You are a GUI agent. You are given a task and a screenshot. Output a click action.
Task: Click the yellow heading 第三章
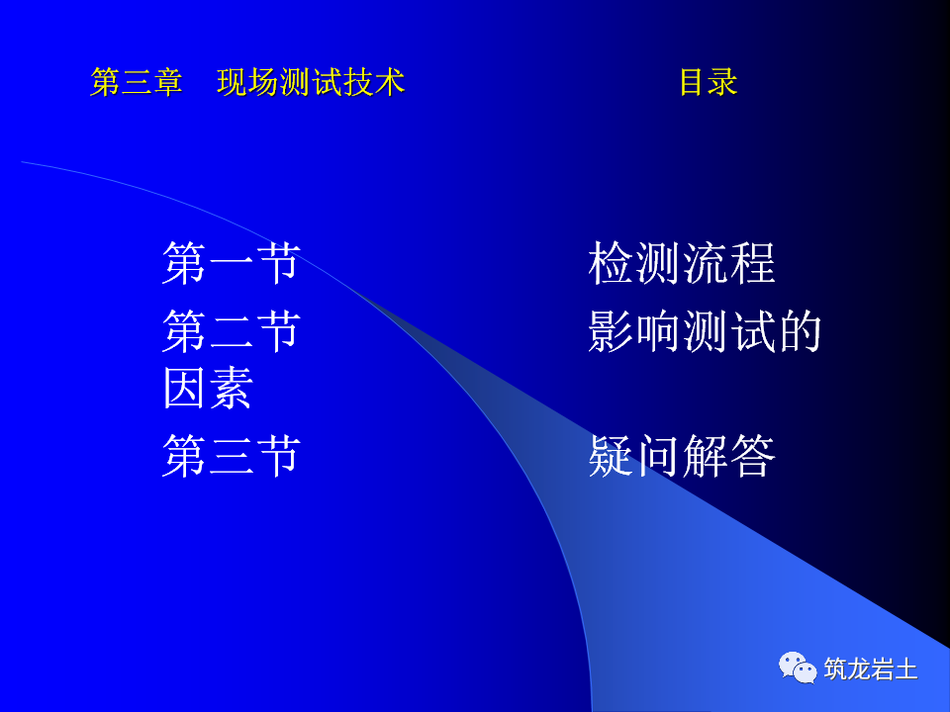[137, 82]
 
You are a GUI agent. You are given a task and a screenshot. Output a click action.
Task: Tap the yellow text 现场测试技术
[311, 82]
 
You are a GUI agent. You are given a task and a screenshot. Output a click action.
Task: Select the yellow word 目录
[708, 82]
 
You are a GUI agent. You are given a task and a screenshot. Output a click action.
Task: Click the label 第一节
[231, 263]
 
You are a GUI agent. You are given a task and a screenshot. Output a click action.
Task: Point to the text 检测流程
[681, 263]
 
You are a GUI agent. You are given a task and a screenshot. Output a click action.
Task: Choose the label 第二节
[231, 330]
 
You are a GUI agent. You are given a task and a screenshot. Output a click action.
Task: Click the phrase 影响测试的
[705, 330]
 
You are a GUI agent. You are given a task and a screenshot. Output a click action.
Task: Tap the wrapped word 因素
[208, 388]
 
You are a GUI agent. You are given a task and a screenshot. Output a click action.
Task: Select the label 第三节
[231, 456]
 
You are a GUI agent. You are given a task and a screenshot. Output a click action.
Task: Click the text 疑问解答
[681, 456]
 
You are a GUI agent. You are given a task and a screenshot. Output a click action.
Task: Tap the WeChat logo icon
[798, 667]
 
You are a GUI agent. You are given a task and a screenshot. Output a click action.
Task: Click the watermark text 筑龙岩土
[871, 669]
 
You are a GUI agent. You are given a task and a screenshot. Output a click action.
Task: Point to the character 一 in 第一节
[231, 263]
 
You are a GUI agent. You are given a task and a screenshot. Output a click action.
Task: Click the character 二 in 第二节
[231, 330]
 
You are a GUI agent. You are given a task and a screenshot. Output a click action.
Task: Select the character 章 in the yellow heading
[168, 82]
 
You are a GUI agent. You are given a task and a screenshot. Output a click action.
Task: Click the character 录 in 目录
[723, 82]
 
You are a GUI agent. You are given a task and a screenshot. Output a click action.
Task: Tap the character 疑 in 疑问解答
[611, 456]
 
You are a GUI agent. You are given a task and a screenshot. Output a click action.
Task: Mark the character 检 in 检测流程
[611, 263]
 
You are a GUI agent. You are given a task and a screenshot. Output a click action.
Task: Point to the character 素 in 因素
[232, 388]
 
